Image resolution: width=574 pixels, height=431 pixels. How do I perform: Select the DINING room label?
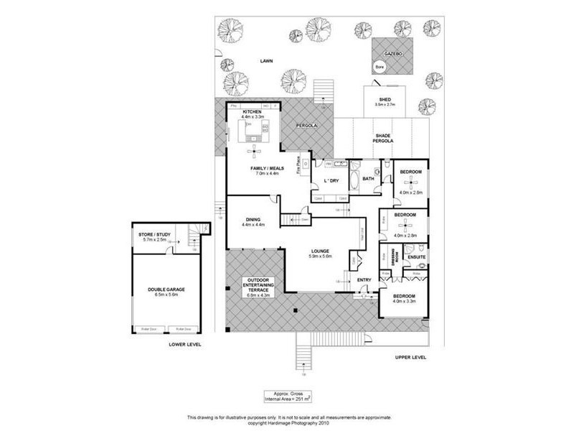(252, 219)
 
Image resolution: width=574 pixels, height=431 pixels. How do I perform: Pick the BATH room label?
(369, 179)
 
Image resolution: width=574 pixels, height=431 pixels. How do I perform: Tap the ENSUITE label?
(416, 256)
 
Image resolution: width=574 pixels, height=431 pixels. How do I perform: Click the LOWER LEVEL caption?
(184, 344)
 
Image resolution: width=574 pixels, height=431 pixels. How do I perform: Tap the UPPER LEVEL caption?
(410, 357)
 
